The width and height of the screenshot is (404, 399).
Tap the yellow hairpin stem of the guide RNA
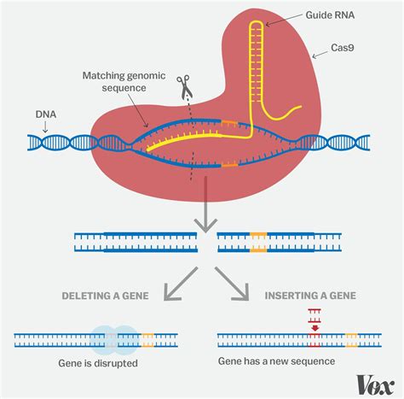tap(252, 68)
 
